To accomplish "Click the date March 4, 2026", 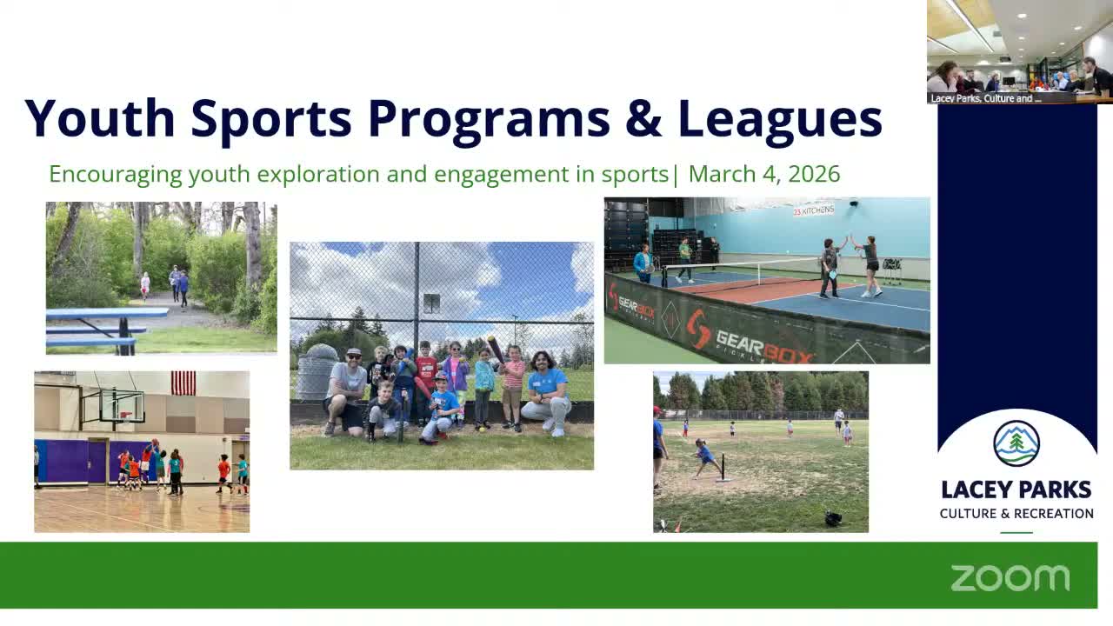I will point(764,174).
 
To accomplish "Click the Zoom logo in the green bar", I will point(1010,577).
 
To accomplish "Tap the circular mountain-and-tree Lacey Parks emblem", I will point(1016,443).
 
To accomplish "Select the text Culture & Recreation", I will point(1016,513).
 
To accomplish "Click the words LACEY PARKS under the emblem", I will point(1016,489).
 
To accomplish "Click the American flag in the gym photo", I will point(183,383).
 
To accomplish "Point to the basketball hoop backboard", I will point(121,405).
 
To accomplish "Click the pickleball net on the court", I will point(739,271).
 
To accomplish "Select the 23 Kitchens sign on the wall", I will point(813,210).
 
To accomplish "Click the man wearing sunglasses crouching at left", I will point(346,391).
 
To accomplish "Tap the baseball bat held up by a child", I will point(495,349).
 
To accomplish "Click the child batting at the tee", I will point(705,457).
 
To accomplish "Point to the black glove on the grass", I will point(833,518).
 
